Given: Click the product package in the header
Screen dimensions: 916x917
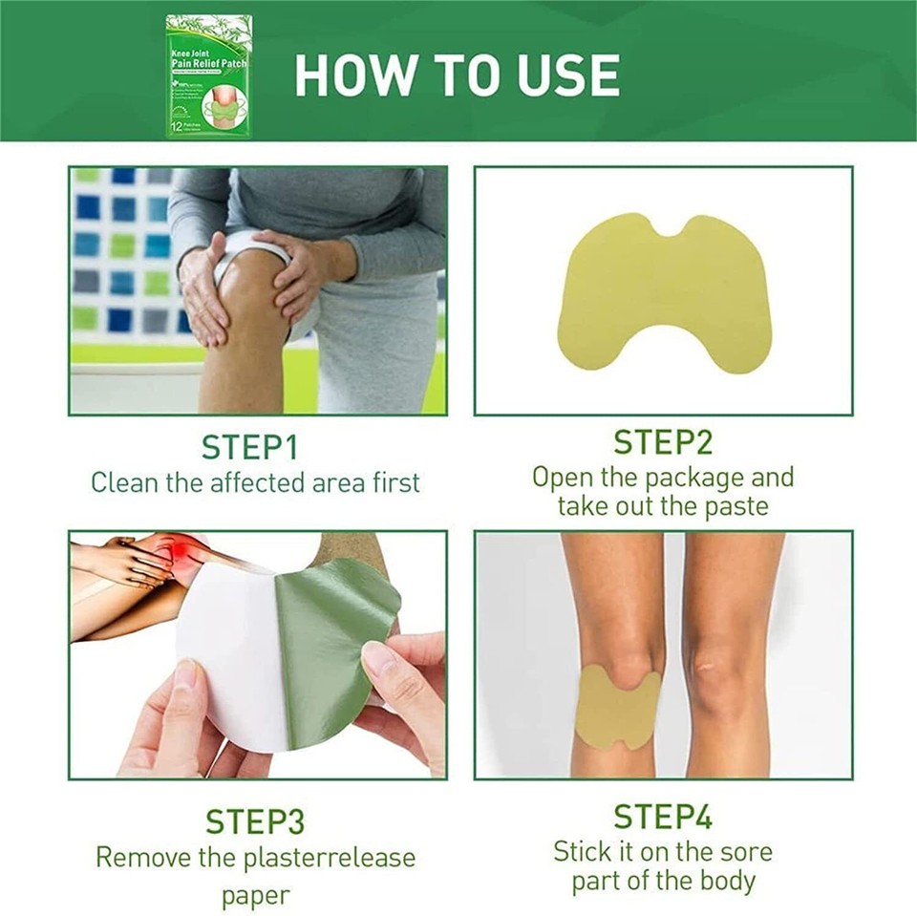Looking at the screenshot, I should [208, 75].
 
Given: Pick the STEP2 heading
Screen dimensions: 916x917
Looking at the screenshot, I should [663, 442].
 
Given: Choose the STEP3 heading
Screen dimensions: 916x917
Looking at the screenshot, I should [255, 821].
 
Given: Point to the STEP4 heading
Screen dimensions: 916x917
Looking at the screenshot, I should [663, 817].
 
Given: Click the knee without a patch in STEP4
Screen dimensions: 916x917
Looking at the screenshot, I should [726, 669].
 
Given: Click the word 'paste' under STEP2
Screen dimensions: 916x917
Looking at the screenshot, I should [735, 506].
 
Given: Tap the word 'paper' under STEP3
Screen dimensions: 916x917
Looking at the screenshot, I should [255, 896].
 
